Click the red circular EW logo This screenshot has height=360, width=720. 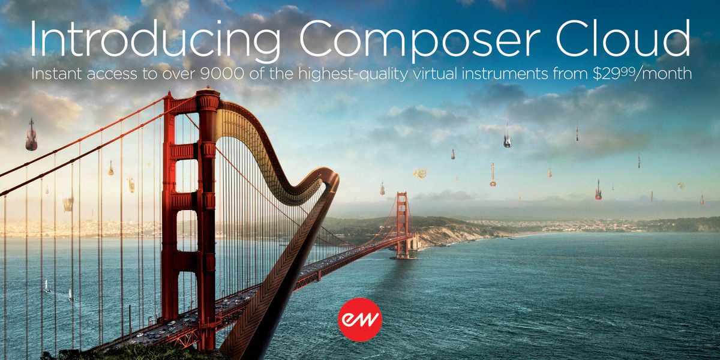coord(360,320)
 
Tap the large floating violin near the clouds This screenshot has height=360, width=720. coord(31,135)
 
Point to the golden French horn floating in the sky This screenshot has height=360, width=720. coord(419,173)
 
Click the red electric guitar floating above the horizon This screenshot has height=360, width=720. coord(598,190)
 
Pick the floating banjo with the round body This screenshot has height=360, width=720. coord(493,176)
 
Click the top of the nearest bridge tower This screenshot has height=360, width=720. coord(208,96)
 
